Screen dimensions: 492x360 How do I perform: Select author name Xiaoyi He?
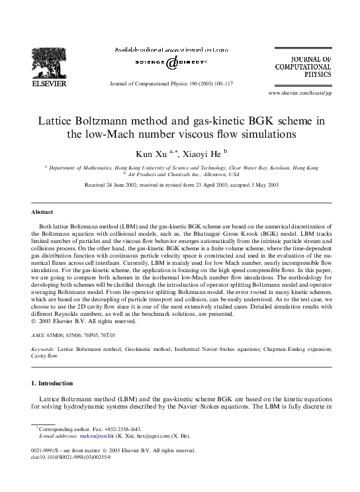(201, 154)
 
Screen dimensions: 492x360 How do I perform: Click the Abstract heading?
(42, 213)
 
